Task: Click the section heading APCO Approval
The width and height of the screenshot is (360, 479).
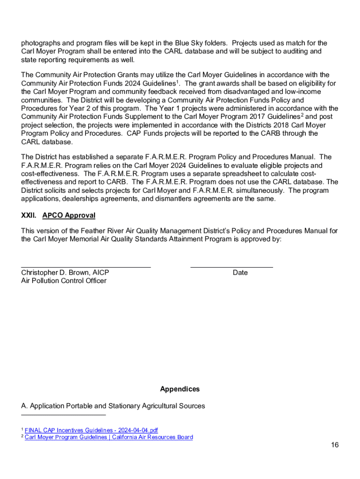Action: click(x=69, y=216)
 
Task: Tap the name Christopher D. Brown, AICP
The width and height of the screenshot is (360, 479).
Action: click(x=65, y=273)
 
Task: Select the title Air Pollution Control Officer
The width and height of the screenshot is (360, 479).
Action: click(x=64, y=281)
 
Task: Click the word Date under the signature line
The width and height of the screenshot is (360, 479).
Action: click(x=240, y=273)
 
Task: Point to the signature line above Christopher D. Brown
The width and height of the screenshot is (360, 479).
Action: click(x=86, y=267)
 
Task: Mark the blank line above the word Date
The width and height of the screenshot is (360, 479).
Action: click(x=231, y=267)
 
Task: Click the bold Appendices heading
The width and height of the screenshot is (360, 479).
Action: click(x=180, y=389)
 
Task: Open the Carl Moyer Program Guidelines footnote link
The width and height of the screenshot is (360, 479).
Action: click(x=108, y=437)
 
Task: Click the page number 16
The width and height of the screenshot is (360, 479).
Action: click(x=334, y=445)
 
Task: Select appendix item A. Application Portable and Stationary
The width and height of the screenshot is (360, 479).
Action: click(x=113, y=406)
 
